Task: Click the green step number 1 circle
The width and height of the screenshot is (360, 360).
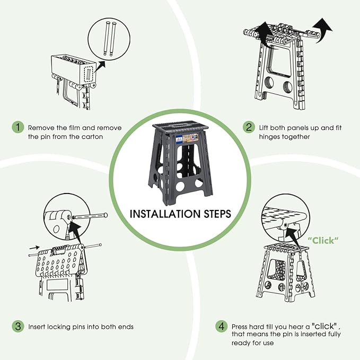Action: [18, 127]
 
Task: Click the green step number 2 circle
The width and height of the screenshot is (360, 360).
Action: [249, 127]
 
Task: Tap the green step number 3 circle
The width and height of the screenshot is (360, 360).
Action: [18, 326]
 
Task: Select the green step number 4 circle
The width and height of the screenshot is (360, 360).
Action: [222, 326]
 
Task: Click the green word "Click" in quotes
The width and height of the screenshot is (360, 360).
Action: [323, 241]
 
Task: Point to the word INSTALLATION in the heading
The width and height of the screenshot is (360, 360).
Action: [165, 214]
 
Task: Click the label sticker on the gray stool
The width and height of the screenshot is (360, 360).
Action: [187, 139]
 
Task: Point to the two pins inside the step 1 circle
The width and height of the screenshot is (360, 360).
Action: [109, 38]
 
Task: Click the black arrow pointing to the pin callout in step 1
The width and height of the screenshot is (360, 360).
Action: [100, 66]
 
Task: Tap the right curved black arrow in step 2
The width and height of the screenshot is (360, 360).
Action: [323, 30]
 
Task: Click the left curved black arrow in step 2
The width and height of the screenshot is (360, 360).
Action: [265, 34]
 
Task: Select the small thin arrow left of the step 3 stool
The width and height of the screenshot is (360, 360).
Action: [34, 248]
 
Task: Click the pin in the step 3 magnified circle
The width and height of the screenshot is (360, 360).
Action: [90, 216]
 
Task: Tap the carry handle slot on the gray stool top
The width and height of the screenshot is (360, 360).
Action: [179, 125]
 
